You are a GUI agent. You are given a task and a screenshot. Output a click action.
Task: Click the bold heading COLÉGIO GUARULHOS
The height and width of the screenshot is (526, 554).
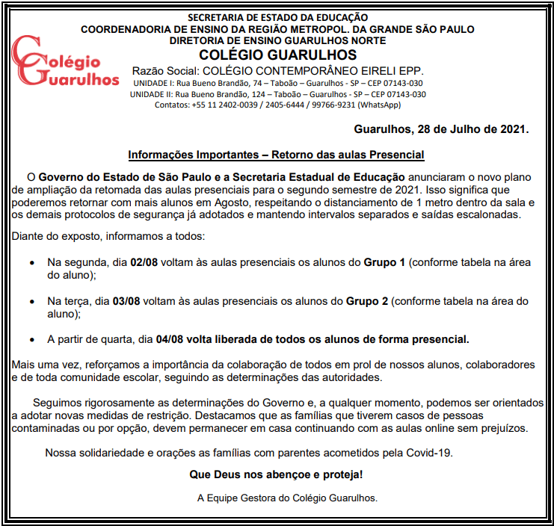[x=277, y=55]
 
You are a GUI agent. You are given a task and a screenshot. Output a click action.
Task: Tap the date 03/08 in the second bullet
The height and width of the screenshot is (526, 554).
[x=126, y=302]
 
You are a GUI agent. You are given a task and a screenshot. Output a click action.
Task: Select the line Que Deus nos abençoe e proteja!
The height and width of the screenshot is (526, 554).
[x=277, y=474]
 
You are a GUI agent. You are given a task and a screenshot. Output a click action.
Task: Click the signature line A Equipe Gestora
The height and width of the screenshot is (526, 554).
[x=287, y=497]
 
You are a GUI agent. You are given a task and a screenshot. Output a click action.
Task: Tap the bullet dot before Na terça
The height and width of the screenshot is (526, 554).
[x=31, y=303]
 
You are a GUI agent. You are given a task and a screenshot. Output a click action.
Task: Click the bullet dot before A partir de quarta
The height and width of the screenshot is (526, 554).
[x=31, y=340]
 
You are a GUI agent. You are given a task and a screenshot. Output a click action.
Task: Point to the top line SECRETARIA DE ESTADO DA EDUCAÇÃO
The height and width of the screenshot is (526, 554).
[x=277, y=17]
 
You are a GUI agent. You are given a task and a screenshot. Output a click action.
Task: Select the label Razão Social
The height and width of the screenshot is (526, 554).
[x=164, y=70]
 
